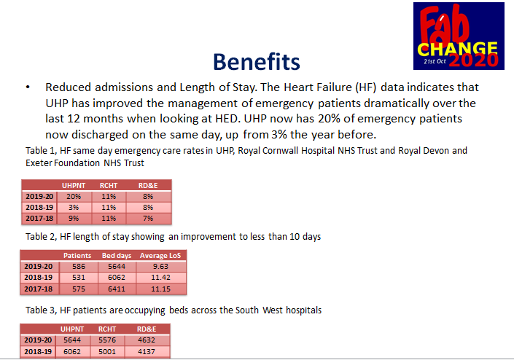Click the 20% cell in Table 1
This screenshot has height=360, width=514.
click(74, 196)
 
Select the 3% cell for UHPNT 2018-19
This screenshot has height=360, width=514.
click(74, 207)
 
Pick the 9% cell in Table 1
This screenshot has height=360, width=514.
click(74, 218)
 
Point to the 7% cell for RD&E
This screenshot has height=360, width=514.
click(148, 218)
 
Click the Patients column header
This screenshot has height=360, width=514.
click(77, 255)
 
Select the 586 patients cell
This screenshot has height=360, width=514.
click(77, 267)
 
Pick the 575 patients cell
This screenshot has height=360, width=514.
click(77, 289)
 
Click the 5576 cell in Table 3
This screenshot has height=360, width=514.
click(107, 340)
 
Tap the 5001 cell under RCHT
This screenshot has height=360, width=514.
click(107, 351)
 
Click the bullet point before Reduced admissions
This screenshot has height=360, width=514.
click(27, 87)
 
